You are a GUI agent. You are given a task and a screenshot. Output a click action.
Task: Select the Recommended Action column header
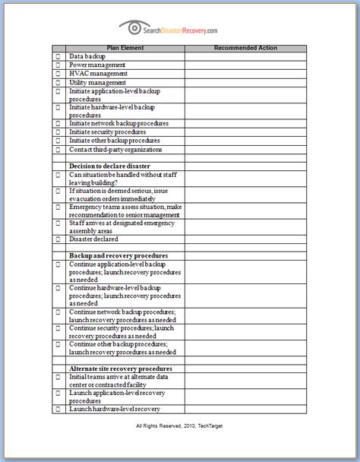coord(245,48)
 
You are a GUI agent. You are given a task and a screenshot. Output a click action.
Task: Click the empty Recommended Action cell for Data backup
coord(245,57)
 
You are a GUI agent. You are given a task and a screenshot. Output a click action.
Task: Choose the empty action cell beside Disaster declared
coord(245,239)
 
